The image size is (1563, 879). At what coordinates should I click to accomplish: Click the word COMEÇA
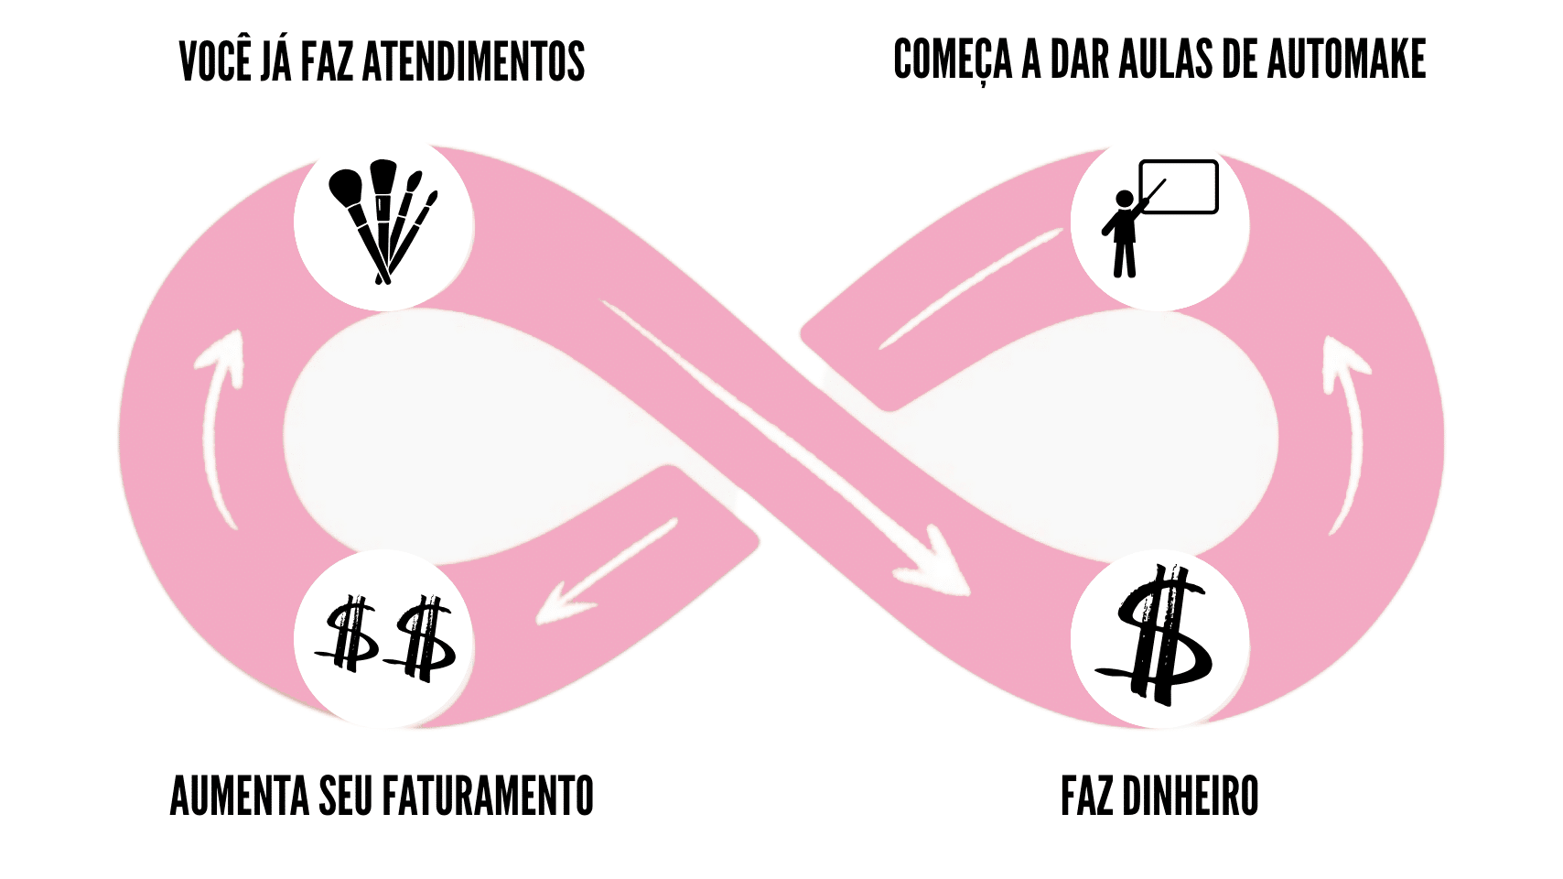click(953, 60)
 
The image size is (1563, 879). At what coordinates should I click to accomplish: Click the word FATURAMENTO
click(488, 796)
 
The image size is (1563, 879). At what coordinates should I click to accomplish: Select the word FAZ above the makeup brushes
click(327, 62)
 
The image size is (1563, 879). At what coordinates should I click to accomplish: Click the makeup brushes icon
click(383, 221)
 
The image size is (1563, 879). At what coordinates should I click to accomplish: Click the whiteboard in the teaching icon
click(1180, 187)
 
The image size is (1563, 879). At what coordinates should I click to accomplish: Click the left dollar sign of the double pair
click(350, 633)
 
